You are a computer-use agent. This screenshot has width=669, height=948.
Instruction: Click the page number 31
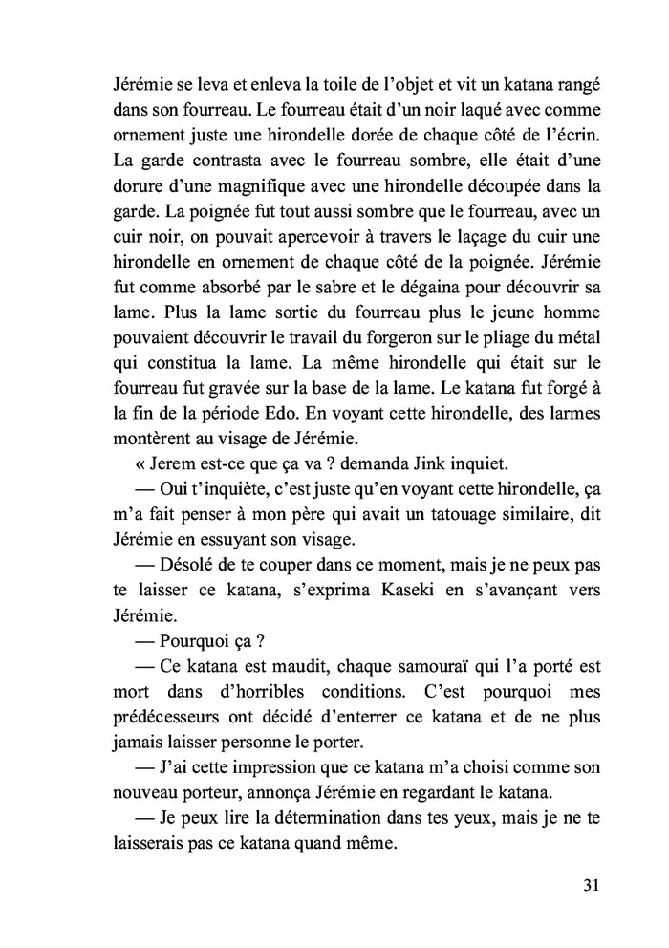(x=589, y=884)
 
